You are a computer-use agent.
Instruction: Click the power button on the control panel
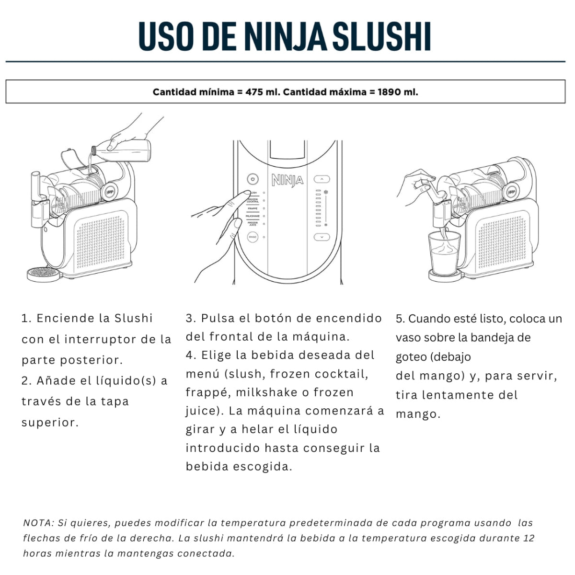click(253, 179)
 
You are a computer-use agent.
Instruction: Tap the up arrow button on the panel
click(322, 179)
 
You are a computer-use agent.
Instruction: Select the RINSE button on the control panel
click(253, 237)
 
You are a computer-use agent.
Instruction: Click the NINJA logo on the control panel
click(287, 180)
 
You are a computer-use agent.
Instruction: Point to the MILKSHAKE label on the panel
click(253, 216)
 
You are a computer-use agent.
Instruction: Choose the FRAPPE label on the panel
click(253, 208)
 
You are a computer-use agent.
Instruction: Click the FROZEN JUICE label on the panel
click(253, 223)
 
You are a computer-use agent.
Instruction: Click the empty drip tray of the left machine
click(44, 274)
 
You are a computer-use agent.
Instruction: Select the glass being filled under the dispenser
click(444, 253)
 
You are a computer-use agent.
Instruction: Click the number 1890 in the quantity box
click(389, 92)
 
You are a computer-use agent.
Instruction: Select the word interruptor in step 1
click(100, 339)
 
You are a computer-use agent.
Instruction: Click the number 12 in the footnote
click(529, 538)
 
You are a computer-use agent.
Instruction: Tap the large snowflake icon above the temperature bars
click(326, 192)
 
